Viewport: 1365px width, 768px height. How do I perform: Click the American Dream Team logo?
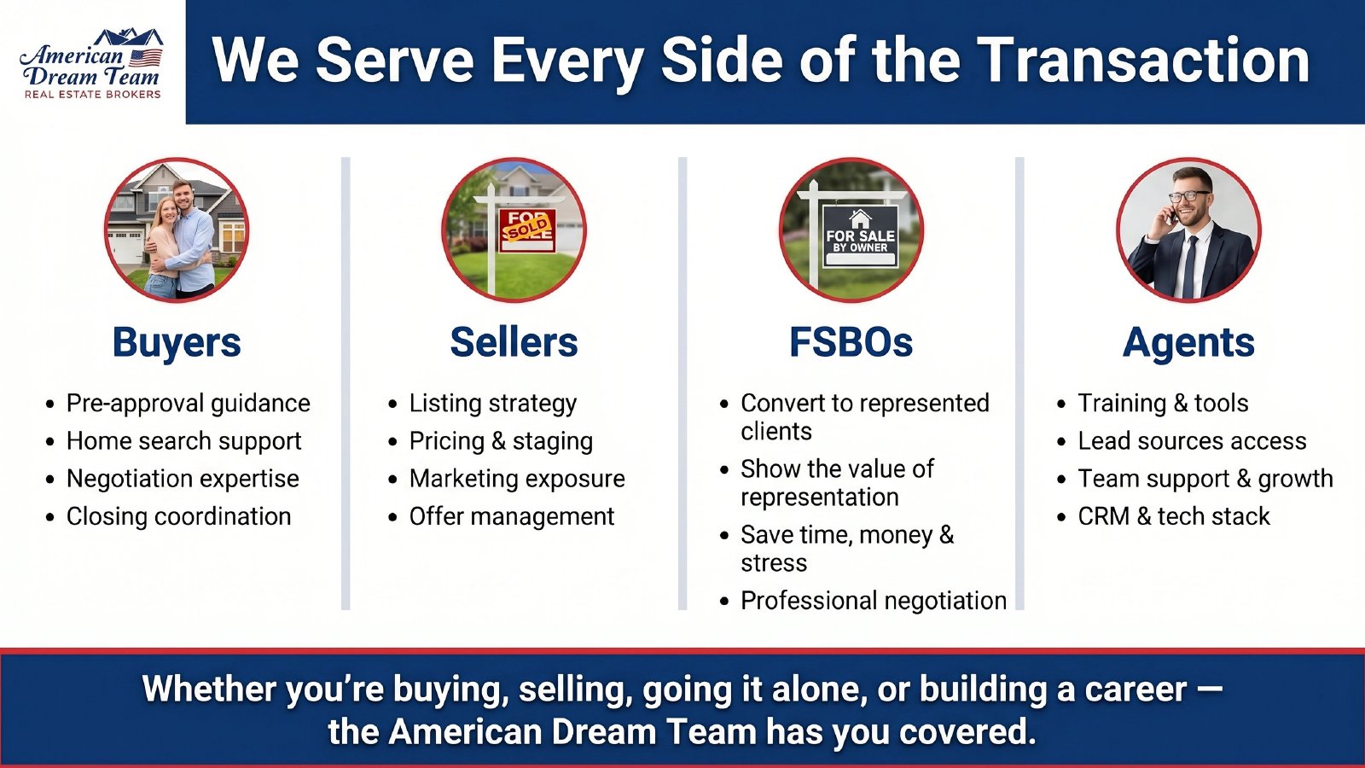coord(91,64)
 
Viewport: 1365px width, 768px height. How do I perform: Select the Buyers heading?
coord(177,343)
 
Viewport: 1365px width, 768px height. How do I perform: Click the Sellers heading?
coord(514,343)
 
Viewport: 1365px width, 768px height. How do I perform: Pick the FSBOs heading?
coord(851,343)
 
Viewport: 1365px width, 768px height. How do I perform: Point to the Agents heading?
coord(1188,343)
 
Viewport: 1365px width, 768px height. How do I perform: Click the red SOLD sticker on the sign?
coord(527,227)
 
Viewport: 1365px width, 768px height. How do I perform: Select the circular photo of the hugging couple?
coord(177,230)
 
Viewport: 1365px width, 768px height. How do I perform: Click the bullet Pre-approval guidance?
coord(188,403)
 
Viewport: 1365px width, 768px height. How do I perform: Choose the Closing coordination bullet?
coord(178,516)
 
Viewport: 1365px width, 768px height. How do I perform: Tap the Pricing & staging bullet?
coord(501,441)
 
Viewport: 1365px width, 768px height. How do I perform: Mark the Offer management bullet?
coord(511,516)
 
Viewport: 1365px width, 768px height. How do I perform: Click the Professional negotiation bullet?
coord(873,601)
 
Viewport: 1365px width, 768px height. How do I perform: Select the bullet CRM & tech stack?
coord(1173,516)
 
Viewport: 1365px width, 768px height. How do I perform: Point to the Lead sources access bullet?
coord(1191,441)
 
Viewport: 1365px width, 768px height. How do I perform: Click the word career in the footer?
coord(1135,689)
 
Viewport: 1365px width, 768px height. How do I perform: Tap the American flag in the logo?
coord(145,57)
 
